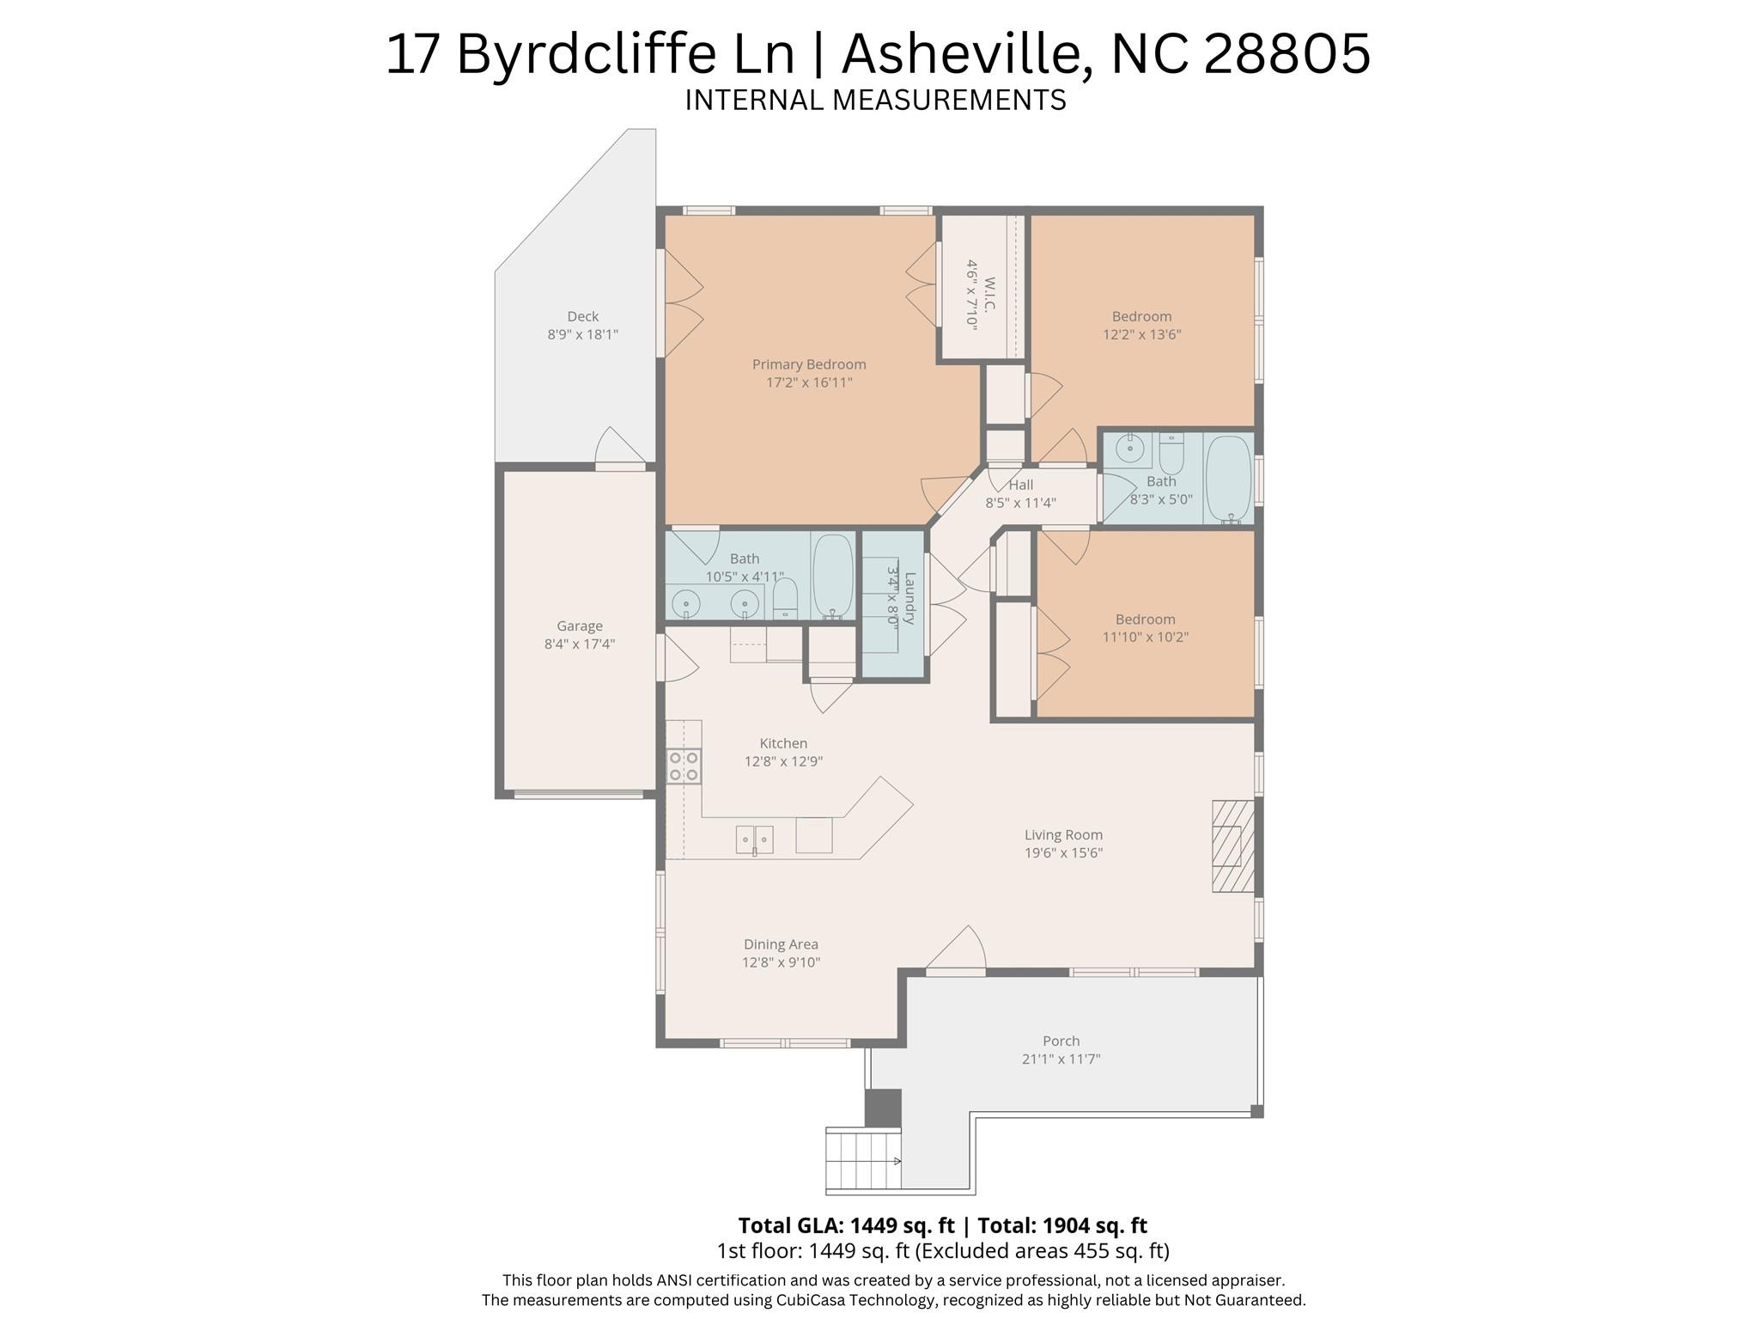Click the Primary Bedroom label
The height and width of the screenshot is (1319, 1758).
pyautogui.click(x=808, y=364)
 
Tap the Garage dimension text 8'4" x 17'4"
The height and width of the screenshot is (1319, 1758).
pyautogui.click(x=579, y=644)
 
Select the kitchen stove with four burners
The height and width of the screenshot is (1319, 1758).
pyautogui.click(x=684, y=766)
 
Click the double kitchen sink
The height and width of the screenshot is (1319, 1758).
pyautogui.click(x=754, y=839)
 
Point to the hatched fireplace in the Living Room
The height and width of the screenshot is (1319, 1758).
pyautogui.click(x=1232, y=846)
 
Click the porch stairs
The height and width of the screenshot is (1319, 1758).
pyautogui.click(x=862, y=1159)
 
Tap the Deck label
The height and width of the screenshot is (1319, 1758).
pyautogui.click(x=582, y=316)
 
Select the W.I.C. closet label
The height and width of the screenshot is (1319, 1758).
pyautogui.click(x=988, y=295)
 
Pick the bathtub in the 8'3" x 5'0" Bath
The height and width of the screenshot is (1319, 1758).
pyautogui.click(x=1228, y=478)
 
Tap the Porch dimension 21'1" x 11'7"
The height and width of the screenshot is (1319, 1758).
pyautogui.click(x=1061, y=1059)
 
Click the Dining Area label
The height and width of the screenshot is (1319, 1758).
pyautogui.click(x=780, y=944)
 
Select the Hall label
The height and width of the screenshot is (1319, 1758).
pyautogui.click(x=1020, y=485)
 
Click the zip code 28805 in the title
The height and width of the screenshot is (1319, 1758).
pyautogui.click(x=1287, y=53)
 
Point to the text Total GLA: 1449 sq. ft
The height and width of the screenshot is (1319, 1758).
pyautogui.click(x=846, y=1225)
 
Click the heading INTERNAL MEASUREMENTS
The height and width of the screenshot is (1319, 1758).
pyautogui.click(x=875, y=101)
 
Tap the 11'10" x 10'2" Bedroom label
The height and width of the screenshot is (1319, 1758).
pyautogui.click(x=1145, y=620)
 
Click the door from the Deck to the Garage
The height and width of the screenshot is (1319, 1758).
pyautogui.click(x=620, y=449)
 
